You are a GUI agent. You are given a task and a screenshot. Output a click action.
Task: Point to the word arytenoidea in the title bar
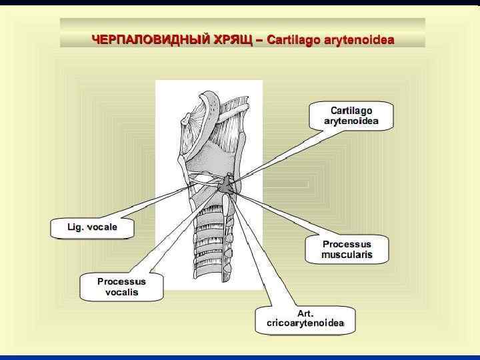tap(359, 40)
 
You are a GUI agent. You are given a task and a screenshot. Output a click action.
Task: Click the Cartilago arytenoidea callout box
tap(351, 115)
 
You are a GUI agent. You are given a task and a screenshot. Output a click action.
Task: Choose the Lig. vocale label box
tap(92, 227)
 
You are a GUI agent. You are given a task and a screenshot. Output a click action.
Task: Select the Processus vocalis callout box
tap(121, 287)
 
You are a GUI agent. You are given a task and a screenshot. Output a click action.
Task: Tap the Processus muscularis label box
tap(346, 249)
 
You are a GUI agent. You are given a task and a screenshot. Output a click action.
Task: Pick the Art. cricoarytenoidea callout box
tap(305, 318)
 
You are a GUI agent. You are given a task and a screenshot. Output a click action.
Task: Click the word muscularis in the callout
tap(346, 255)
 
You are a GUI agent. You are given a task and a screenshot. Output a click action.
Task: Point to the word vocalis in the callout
tap(121, 293)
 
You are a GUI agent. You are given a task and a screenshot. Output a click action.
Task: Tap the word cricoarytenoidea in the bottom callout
tap(305, 323)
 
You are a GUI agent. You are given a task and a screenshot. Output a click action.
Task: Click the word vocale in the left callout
tap(102, 227)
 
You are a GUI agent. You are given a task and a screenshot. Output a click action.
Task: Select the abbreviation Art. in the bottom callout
tap(305, 313)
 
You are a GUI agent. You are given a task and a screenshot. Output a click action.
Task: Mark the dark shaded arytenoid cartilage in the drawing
tap(228, 185)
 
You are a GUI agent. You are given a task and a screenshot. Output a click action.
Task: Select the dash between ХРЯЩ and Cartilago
tap(259, 40)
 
